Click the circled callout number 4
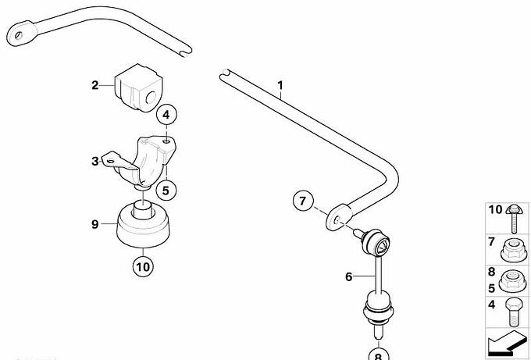point(166,115)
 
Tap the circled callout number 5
point(166,191)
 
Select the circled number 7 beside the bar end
point(303,201)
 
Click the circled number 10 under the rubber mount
point(143,267)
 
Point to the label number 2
point(94,85)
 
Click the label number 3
point(94,161)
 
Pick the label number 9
point(94,224)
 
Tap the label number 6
point(349,276)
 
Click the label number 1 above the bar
point(280,85)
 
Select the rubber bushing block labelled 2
point(138,87)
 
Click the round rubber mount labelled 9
point(143,224)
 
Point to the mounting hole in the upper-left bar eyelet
point(18,34)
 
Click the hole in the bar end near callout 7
point(337,219)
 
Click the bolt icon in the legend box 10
point(513,219)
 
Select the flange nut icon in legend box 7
point(514,251)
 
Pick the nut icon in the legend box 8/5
point(513,281)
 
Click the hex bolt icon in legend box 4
point(513,312)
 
